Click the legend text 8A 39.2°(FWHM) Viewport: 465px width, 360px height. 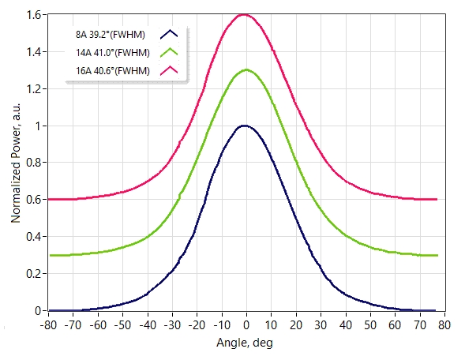pos(111,35)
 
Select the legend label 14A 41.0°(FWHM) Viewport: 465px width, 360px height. pos(113,53)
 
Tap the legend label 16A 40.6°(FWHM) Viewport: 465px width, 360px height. pos(113,71)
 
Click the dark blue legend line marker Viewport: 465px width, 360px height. pos(169,34)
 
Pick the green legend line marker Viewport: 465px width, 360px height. pos(169,52)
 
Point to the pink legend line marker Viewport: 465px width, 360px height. pos(169,70)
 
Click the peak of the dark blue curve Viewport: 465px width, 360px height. pos(244,126)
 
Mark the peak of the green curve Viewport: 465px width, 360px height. pos(246,70)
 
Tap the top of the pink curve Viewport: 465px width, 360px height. pos(244,14)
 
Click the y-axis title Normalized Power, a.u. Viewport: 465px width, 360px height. pos(16,163)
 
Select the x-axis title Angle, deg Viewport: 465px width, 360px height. pos(245,343)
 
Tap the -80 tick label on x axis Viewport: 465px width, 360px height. pos(48,325)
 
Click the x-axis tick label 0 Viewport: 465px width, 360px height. pos(246,325)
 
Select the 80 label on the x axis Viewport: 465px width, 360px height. pos(444,325)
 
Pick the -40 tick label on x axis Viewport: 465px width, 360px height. pos(148,325)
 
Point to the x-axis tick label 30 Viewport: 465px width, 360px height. pos(321,325)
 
